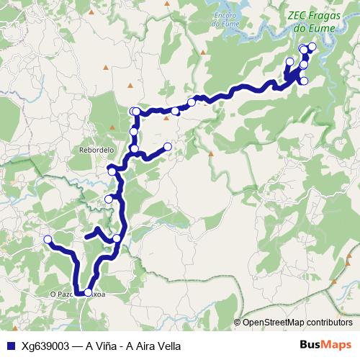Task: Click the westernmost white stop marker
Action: [x=48, y=239]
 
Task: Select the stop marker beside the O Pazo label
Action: [x=89, y=292]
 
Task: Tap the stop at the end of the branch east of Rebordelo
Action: [x=168, y=147]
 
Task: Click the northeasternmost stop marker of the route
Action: [x=312, y=48]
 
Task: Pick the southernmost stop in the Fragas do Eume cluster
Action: [x=304, y=81]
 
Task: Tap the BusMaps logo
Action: [x=325, y=345]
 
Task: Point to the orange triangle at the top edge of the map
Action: [x=167, y=3]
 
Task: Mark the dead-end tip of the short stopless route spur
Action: [x=86, y=235]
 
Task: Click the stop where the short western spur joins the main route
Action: [x=117, y=238]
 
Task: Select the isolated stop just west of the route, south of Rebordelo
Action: [x=109, y=199]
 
